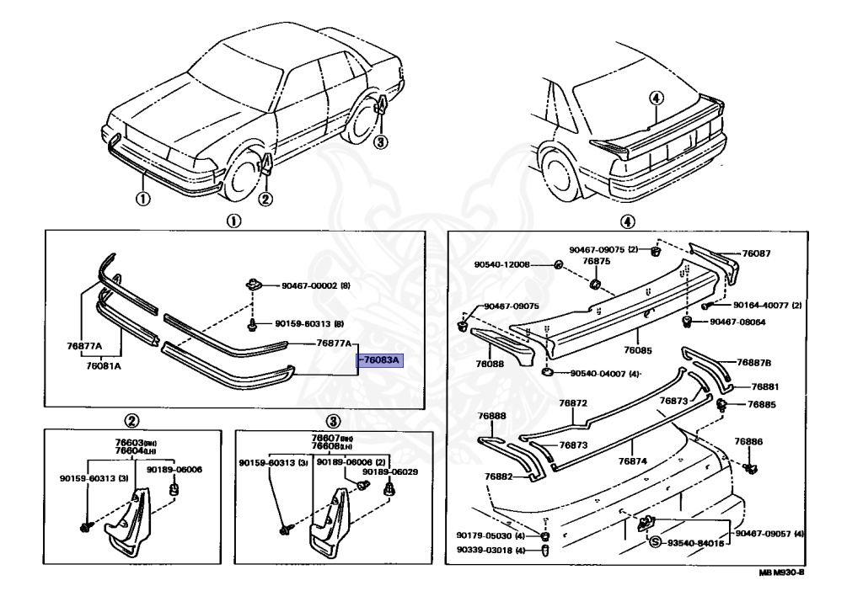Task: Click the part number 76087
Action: [x=757, y=253]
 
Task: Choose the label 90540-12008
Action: [x=501, y=264]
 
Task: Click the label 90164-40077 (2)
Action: [x=766, y=305]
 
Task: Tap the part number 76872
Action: [x=573, y=403]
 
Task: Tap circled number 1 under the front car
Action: [x=142, y=199]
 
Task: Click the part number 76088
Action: [x=490, y=365]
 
